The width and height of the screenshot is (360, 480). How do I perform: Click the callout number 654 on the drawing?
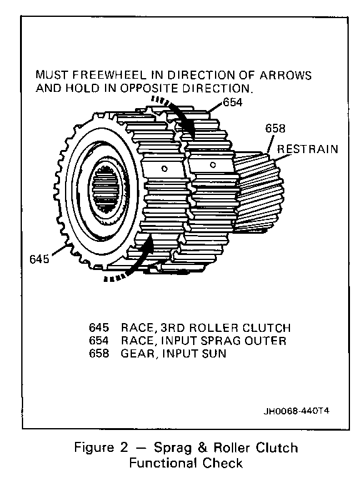232,102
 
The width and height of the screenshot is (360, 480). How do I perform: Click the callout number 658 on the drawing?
275,128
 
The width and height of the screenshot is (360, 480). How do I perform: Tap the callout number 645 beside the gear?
39,259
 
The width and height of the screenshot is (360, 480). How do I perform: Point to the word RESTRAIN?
307,149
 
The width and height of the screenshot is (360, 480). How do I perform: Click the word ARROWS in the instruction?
286,75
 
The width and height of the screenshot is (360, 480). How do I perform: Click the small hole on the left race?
164,169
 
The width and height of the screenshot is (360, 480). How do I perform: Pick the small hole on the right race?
212,165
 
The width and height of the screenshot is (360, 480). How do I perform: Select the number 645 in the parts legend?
99,327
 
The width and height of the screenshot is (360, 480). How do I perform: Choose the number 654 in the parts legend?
99,341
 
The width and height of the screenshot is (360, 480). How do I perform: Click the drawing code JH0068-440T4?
296,411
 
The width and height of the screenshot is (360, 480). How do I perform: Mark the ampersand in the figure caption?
202,447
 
